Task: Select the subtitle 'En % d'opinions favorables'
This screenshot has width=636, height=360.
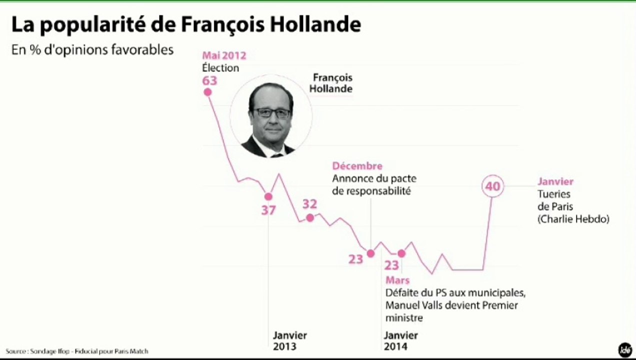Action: click(92, 50)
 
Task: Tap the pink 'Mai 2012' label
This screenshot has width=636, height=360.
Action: click(224, 55)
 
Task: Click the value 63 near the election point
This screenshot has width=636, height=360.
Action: click(210, 80)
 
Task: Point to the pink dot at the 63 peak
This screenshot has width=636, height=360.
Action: click(207, 92)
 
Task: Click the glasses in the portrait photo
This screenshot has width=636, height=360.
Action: click(272, 112)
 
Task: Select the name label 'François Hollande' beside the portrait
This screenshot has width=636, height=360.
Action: click(332, 83)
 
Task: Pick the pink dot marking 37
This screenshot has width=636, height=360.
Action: click(268, 196)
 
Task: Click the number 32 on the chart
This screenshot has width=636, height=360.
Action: click(309, 203)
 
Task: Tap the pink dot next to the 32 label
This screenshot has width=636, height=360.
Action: click(310, 217)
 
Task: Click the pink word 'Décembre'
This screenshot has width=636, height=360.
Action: click(357, 166)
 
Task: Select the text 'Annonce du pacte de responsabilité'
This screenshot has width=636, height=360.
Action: click(374, 184)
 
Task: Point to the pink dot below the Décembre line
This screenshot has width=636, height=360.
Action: click(370, 253)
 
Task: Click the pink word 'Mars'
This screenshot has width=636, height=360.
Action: click(397, 280)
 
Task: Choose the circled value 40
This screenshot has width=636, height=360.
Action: click(492, 186)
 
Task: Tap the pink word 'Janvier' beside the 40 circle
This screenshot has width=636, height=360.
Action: click(555, 181)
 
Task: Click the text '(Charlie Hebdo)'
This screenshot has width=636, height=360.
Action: click(573, 219)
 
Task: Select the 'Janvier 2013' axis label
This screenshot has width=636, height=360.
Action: click(289, 340)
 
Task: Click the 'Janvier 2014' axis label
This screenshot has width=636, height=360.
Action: click(400, 340)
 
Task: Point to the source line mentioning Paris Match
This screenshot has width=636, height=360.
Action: click(77, 351)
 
